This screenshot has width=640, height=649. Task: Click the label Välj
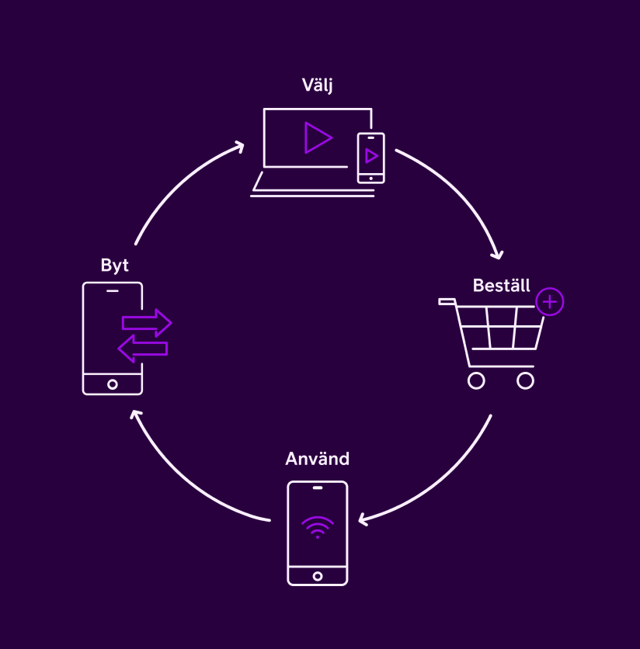click(x=317, y=85)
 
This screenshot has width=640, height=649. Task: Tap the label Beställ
click(x=501, y=286)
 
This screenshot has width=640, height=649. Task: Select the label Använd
click(x=317, y=459)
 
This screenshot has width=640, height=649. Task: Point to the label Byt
click(x=114, y=265)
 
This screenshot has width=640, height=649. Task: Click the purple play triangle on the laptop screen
click(x=317, y=137)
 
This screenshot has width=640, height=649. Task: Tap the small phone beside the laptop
click(x=370, y=158)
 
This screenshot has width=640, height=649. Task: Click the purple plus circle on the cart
click(x=550, y=302)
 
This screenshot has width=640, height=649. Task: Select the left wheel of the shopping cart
click(x=476, y=380)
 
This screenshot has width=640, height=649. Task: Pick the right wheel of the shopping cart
click(x=526, y=380)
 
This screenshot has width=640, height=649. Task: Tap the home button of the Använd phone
click(x=317, y=576)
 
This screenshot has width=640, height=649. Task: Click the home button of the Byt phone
click(x=113, y=384)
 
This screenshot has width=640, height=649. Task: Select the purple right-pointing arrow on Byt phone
click(x=147, y=322)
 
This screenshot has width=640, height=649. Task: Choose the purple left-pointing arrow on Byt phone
click(x=143, y=349)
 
